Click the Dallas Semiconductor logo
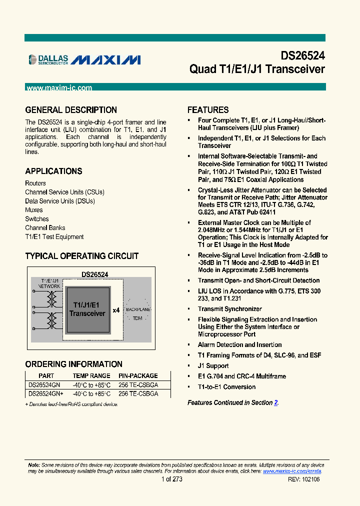48,60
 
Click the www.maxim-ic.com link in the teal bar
59,88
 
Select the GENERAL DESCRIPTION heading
71,110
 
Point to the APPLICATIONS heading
53,171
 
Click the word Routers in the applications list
35,183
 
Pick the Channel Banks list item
45,228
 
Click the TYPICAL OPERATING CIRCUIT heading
82,256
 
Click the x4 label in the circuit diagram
116,310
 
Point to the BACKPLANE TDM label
138,314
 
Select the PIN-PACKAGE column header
138,375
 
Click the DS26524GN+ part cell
45,393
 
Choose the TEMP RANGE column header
91,375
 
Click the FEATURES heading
208,110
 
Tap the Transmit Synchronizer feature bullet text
229,309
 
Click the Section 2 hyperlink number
276,402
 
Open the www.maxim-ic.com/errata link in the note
292,471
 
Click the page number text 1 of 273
172,479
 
